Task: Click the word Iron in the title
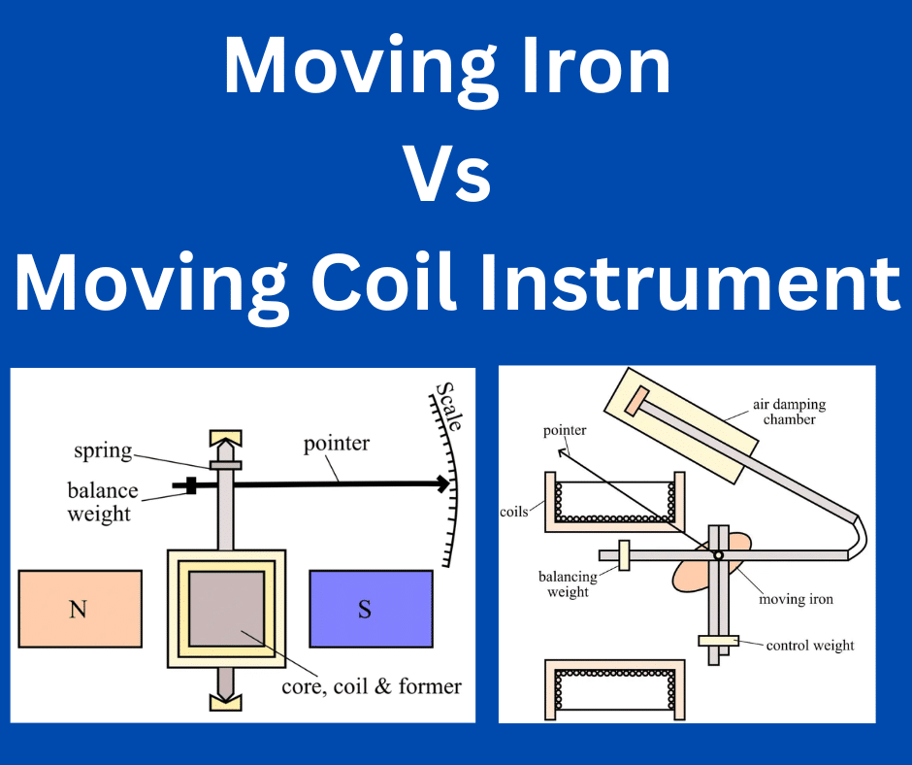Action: pos(598,65)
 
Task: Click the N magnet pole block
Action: pos(81,609)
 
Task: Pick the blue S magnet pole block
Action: pos(371,609)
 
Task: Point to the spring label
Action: pos(103,451)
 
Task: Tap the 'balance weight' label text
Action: pos(103,502)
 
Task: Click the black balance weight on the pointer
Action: pos(191,485)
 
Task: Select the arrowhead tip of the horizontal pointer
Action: pos(449,483)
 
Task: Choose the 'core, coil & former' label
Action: pos(372,686)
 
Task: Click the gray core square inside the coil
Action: pos(226,609)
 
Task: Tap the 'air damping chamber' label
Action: pos(790,412)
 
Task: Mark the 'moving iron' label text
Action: pos(796,599)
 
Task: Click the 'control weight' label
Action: pos(810,645)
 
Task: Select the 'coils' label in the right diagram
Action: pos(513,512)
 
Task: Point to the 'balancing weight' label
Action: pos(568,583)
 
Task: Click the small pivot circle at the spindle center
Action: pos(718,555)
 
